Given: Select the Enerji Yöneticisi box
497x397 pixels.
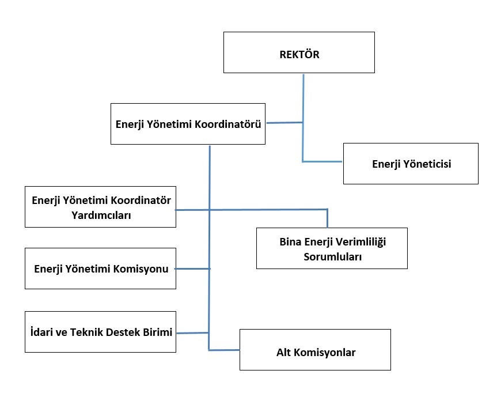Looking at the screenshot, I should pyautogui.click(x=411, y=164).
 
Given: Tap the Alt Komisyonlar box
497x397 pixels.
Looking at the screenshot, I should pyautogui.click(x=315, y=350).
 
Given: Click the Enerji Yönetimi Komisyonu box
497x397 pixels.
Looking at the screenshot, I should pyautogui.click(x=100, y=269).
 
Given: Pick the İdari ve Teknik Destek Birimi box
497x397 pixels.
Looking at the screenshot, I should pyautogui.click(x=100, y=331).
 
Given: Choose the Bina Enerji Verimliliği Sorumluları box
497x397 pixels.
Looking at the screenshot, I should pyautogui.click(x=332, y=248).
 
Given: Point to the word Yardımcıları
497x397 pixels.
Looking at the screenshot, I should pyautogui.click(x=100, y=215).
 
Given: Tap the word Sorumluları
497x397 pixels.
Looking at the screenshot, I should pyautogui.click(x=333, y=257).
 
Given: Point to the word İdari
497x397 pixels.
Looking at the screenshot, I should pyautogui.click(x=40, y=331).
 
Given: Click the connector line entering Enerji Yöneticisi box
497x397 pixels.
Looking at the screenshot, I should pyautogui.click(x=323, y=161).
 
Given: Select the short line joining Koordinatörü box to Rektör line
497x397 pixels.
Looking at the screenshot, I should pyautogui.click(x=284, y=122).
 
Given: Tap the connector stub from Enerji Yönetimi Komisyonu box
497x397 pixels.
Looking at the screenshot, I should pyautogui.click(x=193, y=269).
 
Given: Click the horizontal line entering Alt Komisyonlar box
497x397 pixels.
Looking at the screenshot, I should pyautogui.click(x=224, y=350).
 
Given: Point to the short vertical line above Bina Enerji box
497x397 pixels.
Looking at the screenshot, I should pyautogui.click(x=327, y=218).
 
